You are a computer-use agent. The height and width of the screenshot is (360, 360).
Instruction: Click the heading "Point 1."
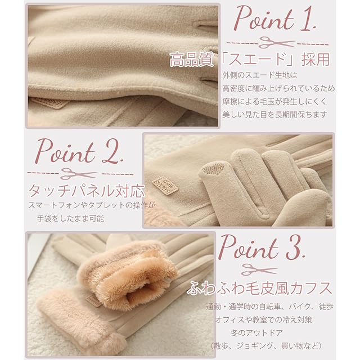[275, 19]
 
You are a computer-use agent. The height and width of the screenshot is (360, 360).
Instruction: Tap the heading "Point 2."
[79, 151]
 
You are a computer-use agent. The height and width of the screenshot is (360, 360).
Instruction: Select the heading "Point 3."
[262, 247]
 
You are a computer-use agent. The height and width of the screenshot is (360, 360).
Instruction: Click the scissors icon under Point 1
[276, 43]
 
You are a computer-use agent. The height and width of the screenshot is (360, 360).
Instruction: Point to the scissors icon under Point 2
[78, 174]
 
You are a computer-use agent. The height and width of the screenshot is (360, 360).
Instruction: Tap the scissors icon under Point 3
[259, 269]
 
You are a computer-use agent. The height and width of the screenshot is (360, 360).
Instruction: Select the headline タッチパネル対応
[86, 191]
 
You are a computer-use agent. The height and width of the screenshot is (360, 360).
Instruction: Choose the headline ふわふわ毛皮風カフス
[259, 288]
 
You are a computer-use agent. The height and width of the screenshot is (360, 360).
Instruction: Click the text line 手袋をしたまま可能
[70, 218]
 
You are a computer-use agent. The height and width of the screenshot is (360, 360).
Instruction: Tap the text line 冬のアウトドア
[256, 332]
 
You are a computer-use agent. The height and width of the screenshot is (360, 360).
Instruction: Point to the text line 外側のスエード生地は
[260, 75]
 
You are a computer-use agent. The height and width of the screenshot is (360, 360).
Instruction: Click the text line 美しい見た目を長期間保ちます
[274, 114]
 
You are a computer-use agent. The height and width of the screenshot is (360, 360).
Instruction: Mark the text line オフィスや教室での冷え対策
[264, 319]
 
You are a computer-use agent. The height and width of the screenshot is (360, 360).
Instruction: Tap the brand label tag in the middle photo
[165, 184]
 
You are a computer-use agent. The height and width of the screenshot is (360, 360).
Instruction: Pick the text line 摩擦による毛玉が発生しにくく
[274, 101]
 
